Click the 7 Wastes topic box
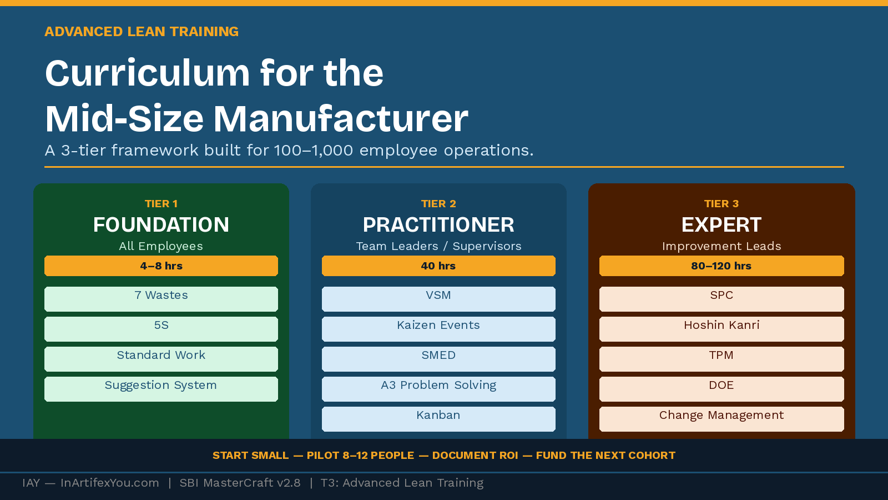click(161, 299)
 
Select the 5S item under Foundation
click(161, 329)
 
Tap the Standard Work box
click(161, 359)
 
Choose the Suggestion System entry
click(161, 389)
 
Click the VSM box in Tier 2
click(438, 299)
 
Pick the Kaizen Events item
click(438, 329)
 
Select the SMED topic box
click(438, 359)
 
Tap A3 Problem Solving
click(438, 389)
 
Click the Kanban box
click(438, 419)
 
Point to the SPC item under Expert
click(722, 299)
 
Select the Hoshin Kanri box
click(722, 329)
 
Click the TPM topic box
click(722, 359)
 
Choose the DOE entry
click(722, 389)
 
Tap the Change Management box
click(722, 419)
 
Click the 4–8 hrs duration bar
click(161, 266)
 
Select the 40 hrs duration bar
click(438, 266)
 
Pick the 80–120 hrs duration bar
click(722, 266)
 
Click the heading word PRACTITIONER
click(438, 225)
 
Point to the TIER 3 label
click(722, 204)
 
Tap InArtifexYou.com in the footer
click(109, 483)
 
